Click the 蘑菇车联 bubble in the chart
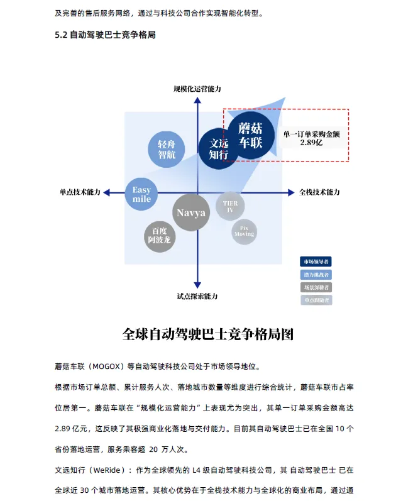click(250, 135)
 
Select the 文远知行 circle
click(218, 148)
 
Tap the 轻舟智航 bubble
click(167, 149)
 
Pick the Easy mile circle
click(141, 194)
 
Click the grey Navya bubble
click(191, 212)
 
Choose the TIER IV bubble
click(230, 206)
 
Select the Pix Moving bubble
click(244, 231)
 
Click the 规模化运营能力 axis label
click(197, 89)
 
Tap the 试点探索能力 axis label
click(197, 295)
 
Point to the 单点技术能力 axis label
click(80, 192)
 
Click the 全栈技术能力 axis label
click(319, 192)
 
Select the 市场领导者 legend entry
click(316, 262)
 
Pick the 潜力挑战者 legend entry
click(316, 275)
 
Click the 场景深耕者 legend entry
click(316, 287)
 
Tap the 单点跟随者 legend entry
click(316, 300)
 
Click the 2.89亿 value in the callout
click(311, 143)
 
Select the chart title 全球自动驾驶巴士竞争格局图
click(207, 334)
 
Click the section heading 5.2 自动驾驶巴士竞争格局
click(105, 35)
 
